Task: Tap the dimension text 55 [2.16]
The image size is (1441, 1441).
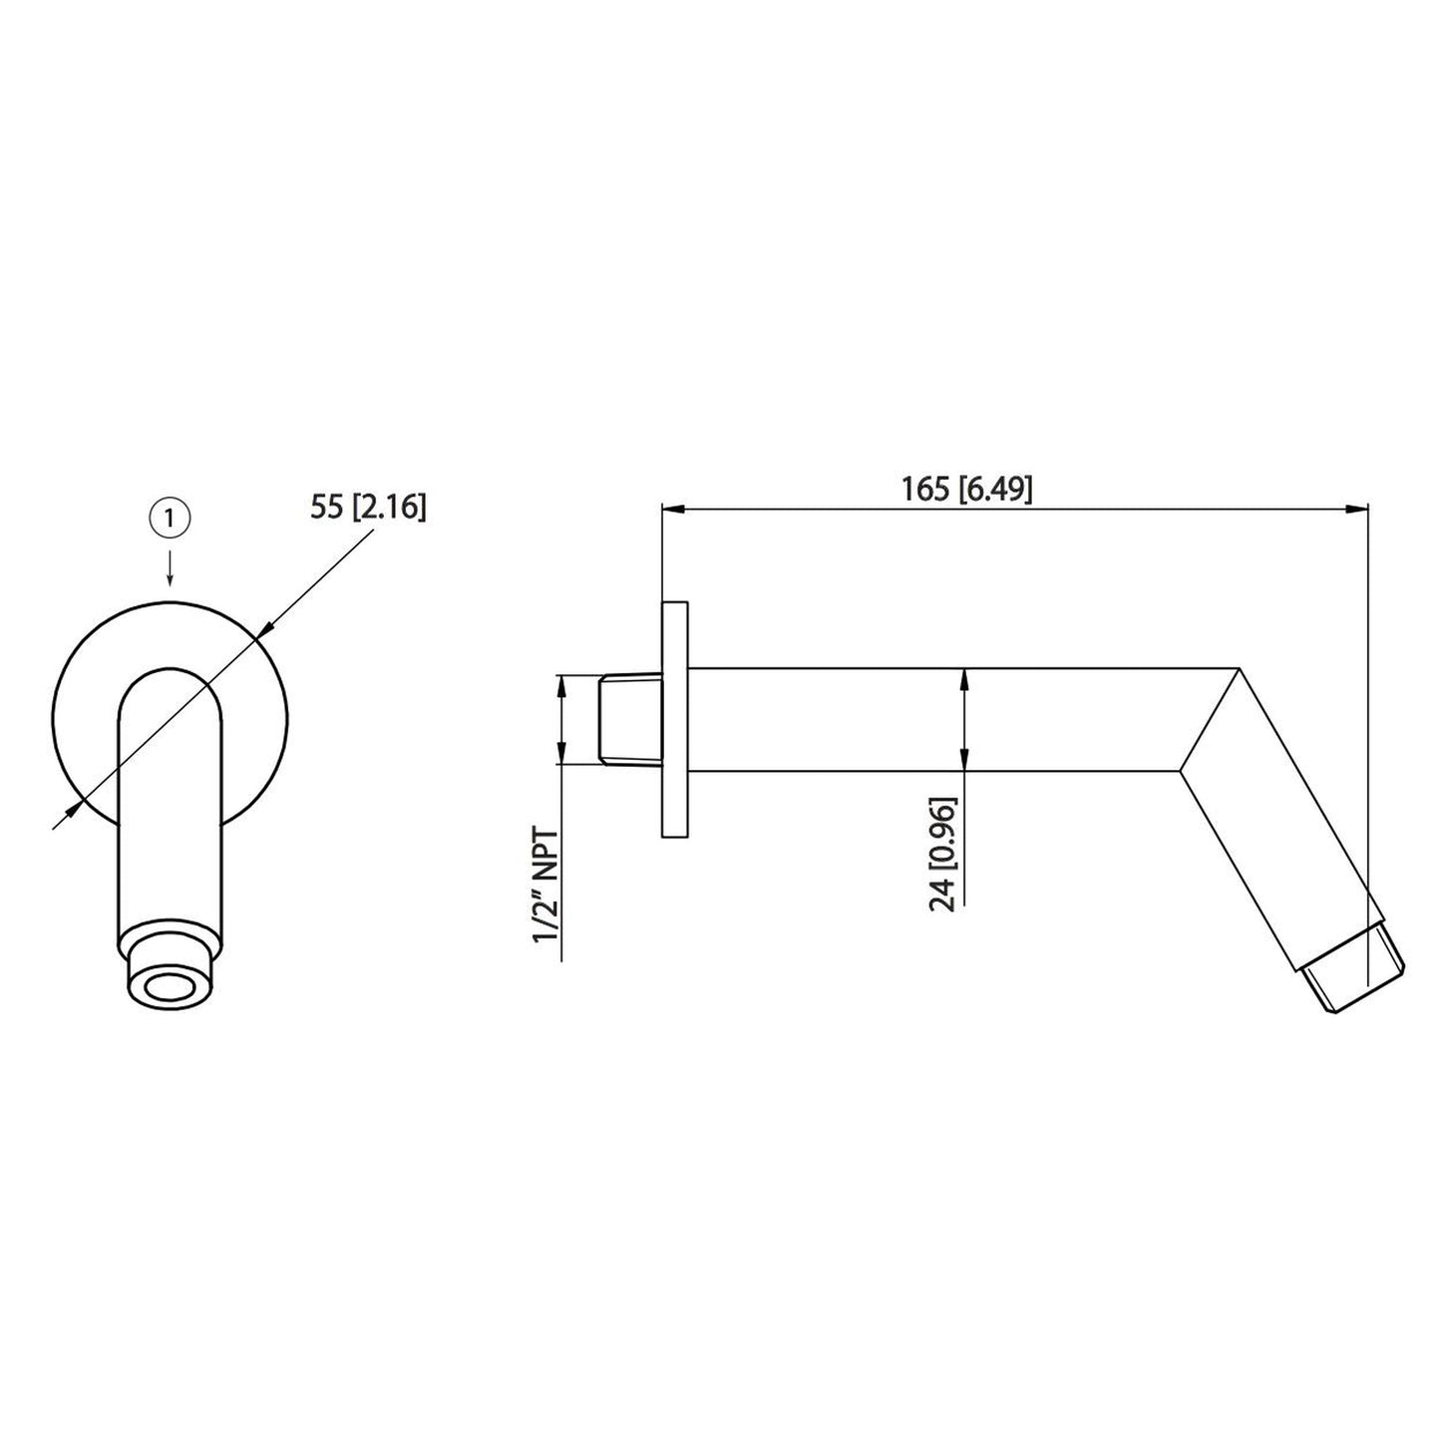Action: tap(368, 509)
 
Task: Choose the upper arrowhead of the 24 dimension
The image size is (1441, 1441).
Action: tap(963, 677)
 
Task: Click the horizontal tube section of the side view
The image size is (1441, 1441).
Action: tap(937, 719)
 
